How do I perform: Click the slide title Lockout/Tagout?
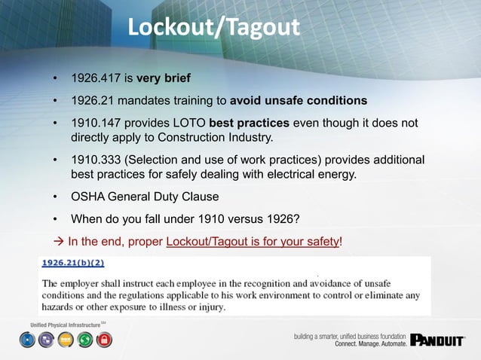[213, 27]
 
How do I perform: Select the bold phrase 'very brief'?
[164, 78]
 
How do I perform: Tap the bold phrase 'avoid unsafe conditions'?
[299, 100]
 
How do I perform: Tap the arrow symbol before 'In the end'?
[58, 242]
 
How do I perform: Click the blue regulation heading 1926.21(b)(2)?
[72, 264]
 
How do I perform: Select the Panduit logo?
[437, 340]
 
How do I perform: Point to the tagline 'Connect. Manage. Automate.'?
[370, 343]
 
